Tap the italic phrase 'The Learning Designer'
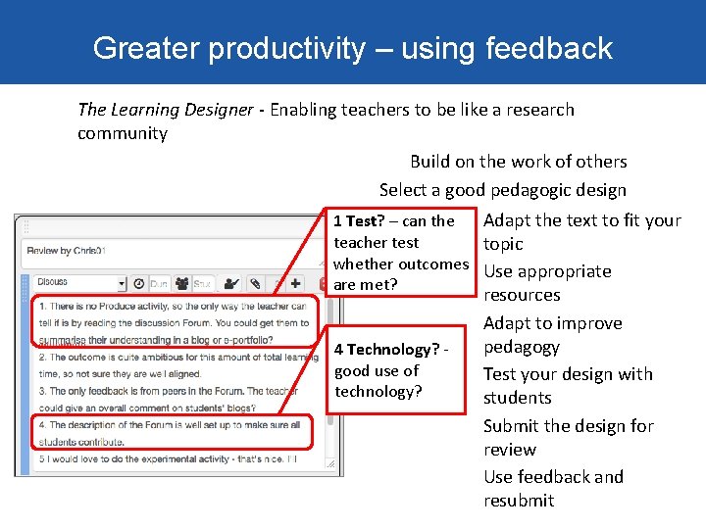coord(165,110)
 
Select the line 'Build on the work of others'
coord(518,162)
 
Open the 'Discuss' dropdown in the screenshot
coord(80,283)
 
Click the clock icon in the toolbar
coord(139,284)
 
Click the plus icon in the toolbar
coord(296,284)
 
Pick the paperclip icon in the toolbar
coord(254,284)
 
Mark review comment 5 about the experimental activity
coord(167,457)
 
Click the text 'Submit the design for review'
coord(567,437)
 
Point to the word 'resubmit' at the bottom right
coord(519,501)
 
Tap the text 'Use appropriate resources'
coord(546,283)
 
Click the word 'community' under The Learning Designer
coord(123,133)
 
